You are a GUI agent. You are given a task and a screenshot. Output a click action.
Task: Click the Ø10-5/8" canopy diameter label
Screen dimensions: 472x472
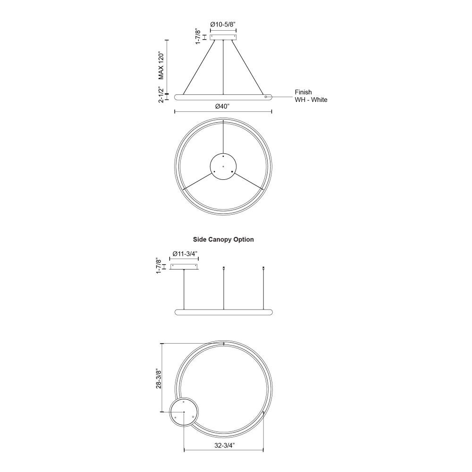click(x=223, y=25)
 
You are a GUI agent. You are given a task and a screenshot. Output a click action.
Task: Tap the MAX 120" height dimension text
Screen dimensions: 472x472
click(x=161, y=66)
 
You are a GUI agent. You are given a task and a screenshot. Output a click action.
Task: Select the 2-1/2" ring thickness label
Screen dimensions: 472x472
click(x=161, y=94)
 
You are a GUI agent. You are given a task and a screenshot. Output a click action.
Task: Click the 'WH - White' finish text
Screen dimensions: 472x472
click(x=311, y=100)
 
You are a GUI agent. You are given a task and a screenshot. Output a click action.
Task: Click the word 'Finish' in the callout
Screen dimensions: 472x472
click(x=303, y=92)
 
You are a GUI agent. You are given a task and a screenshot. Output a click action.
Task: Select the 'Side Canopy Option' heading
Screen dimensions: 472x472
click(x=223, y=239)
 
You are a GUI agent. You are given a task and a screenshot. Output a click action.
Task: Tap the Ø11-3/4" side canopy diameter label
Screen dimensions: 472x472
click(x=184, y=254)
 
